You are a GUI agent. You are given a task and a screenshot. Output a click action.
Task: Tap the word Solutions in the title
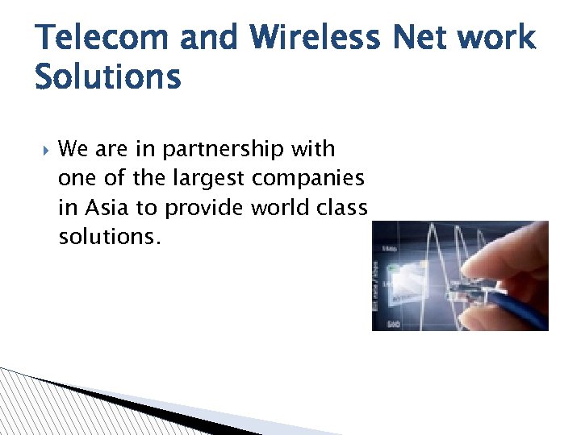[108, 77]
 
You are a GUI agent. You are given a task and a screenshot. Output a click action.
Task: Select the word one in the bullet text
[78, 178]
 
